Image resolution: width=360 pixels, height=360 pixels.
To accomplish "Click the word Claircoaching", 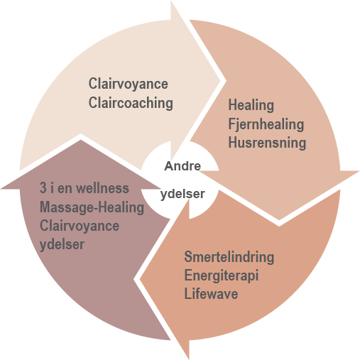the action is (131, 103).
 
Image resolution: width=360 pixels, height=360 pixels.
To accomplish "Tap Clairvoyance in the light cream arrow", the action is (129, 84).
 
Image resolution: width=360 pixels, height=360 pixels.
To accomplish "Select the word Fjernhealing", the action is (266, 124).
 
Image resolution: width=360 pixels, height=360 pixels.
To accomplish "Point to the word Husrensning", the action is (267, 143).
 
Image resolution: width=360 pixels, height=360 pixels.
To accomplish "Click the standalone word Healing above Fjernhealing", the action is (251, 105).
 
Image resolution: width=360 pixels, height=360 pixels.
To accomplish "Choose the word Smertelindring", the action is (229, 256).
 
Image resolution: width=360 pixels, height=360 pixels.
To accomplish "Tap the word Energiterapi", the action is (222, 276).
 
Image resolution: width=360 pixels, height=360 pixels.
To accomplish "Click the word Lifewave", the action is (211, 294).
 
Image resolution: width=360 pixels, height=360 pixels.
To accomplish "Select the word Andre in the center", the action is (182, 166).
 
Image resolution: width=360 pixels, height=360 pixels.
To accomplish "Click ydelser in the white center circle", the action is (182, 194).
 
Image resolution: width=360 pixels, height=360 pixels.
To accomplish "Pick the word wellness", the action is (103, 188).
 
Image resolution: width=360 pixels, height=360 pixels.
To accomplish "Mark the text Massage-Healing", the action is (92, 207).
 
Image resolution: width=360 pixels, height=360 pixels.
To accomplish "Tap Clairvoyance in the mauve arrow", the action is (80, 226).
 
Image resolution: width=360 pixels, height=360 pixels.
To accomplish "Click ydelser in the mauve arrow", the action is (62, 244).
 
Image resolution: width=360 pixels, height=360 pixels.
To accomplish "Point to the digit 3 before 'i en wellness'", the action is (43, 188).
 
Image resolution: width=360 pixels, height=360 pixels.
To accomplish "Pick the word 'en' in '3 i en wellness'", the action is (65, 188).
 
